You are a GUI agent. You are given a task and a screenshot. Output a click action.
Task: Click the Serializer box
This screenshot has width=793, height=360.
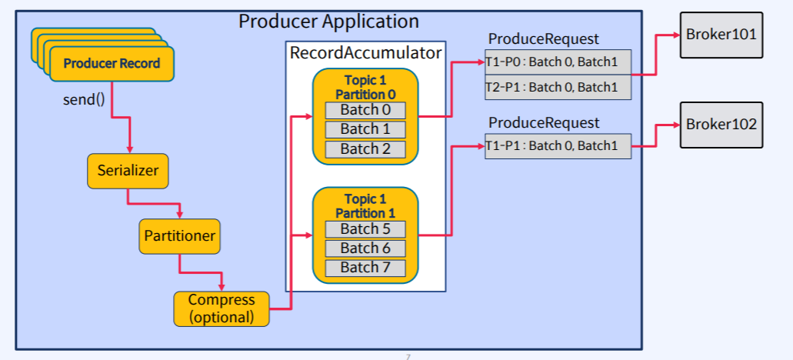(x=128, y=170)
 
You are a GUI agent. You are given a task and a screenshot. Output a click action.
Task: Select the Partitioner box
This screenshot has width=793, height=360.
(x=180, y=236)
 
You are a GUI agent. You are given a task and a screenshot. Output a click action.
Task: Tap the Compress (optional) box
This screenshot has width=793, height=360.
(x=222, y=308)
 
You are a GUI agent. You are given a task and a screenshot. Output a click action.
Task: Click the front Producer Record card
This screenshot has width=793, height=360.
(x=112, y=64)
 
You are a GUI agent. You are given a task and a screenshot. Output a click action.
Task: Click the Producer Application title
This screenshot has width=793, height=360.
(x=328, y=22)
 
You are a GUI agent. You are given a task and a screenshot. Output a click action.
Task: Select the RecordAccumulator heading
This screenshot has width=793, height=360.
(x=365, y=53)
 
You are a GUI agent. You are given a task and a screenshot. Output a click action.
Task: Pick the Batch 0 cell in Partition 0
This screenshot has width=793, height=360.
(x=365, y=110)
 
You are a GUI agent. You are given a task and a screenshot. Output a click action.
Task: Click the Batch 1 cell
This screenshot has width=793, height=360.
(x=365, y=129)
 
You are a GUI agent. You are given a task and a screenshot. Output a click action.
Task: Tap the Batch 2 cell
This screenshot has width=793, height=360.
(x=365, y=149)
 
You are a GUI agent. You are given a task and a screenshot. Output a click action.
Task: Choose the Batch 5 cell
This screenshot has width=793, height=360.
(x=365, y=228)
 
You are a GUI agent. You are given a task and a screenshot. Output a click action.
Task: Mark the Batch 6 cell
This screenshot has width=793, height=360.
(x=365, y=248)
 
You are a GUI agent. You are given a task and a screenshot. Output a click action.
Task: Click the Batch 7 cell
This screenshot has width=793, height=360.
(x=365, y=268)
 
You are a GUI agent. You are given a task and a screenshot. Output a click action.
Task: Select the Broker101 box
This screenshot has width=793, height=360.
(x=721, y=35)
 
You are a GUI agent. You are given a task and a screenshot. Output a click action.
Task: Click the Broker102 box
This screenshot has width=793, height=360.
(x=721, y=125)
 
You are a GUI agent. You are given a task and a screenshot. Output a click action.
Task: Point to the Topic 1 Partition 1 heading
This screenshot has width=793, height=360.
(x=365, y=206)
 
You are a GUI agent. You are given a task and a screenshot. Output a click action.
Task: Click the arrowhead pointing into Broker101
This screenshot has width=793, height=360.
(x=675, y=35)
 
